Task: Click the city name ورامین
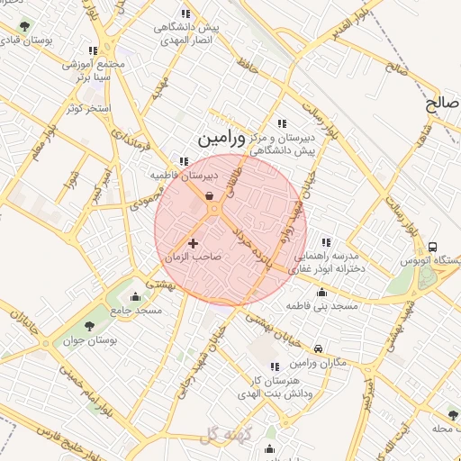217,140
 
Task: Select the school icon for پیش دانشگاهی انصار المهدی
185,14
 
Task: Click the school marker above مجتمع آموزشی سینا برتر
93,50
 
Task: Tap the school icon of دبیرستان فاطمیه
185,162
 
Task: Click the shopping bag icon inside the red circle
209,195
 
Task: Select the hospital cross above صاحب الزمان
194,242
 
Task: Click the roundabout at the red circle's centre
215,210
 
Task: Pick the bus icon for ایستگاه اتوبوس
433,247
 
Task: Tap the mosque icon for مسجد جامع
136,296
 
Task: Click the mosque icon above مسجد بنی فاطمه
321,292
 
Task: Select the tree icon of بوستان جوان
89,326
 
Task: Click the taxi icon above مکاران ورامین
319,348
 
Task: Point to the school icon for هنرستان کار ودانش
275,366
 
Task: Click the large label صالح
443,104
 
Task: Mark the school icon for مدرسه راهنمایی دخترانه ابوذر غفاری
325,241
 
